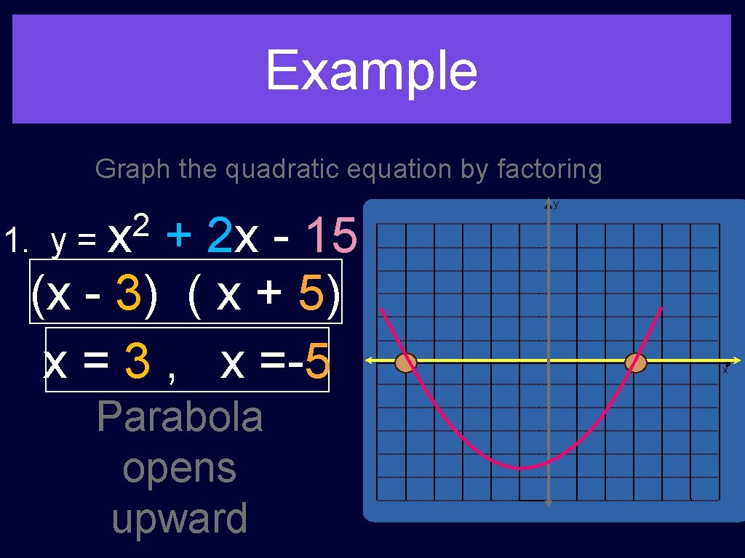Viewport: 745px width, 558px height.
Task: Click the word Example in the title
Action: (371, 70)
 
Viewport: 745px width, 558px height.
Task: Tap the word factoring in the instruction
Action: (549, 169)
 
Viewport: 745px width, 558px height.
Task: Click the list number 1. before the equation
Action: (15, 240)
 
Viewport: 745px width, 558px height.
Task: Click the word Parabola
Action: (179, 417)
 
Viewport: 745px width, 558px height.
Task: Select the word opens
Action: (179, 468)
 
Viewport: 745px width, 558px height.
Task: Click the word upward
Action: (179, 518)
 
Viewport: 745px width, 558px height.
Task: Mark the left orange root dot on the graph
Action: (405, 363)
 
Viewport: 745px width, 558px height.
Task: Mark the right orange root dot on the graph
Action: (635, 363)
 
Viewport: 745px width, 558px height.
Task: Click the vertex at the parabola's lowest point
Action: (521, 469)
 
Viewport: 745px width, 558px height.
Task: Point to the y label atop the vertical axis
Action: (556, 205)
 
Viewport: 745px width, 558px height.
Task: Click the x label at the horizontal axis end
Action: (725, 370)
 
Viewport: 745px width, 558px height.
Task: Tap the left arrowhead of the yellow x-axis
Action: (369, 360)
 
